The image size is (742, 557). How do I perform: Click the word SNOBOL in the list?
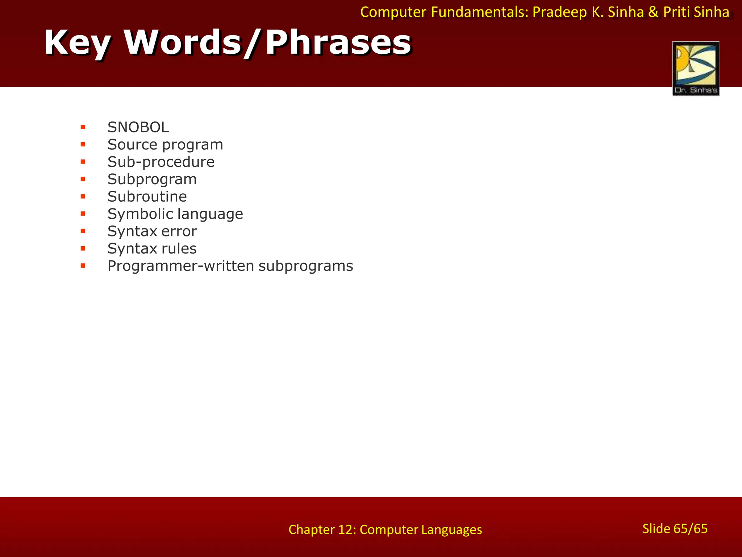pos(138,127)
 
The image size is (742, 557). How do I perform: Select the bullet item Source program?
pos(165,145)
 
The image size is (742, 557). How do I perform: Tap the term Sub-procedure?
pos(161,162)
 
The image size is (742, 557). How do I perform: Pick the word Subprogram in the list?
pos(152,180)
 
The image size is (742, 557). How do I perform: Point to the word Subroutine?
pos(147,197)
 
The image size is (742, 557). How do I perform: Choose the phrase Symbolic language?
pos(175,214)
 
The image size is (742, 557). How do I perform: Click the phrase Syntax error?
pos(152,231)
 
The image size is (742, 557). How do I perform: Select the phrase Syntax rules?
pos(152,249)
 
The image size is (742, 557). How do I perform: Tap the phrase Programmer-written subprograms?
pos(230,266)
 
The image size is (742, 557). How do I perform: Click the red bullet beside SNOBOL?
pos(83,127)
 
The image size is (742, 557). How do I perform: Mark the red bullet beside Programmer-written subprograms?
pos(83,266)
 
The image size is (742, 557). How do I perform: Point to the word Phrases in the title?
pos(338,42)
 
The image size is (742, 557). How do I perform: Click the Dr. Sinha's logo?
pos(696,69)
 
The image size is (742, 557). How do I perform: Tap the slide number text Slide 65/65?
pos(675,529)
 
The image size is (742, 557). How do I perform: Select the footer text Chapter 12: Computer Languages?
pos(385,530)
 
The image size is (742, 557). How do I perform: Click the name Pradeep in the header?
pos(559,12)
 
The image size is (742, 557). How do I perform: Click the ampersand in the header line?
pos(653,12)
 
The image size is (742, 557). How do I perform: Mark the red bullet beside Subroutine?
pos(83,197)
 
